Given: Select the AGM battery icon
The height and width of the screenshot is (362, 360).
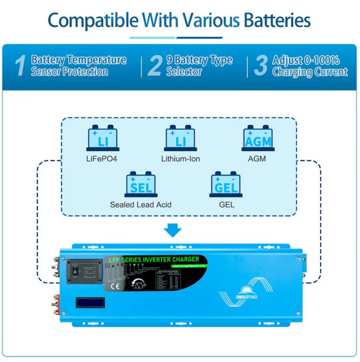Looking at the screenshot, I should coord(257,139).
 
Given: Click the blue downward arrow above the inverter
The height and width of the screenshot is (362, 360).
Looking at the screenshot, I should coord(173,230).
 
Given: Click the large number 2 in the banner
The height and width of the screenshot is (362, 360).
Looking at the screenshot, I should coord(154,67).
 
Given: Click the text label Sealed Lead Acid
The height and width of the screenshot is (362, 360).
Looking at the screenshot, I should coord(140,204).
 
